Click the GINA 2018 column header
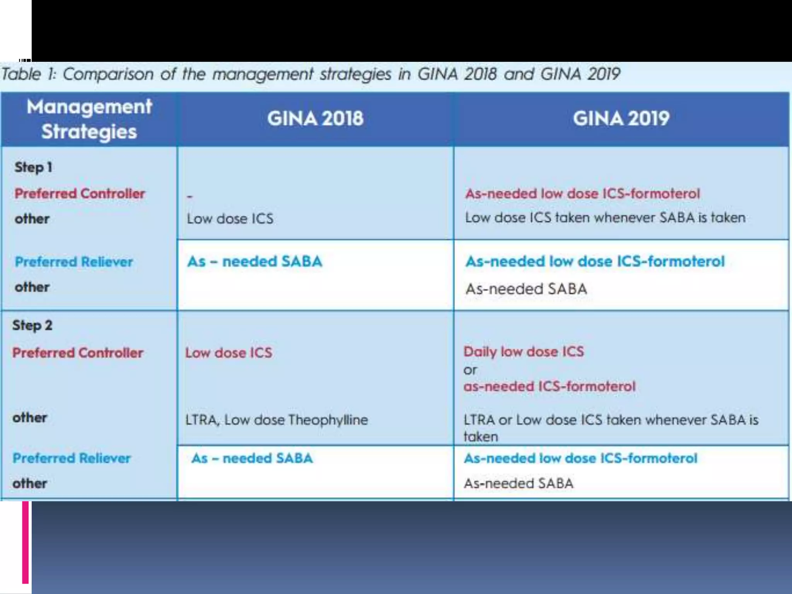315,118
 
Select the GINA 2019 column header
621,118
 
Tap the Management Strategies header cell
89,119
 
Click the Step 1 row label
33,167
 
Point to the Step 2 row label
32,325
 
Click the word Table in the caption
21,74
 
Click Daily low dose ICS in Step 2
524,352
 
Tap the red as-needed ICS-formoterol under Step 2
549,386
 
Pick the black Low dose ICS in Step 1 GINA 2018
230,218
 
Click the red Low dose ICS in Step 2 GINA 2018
229,353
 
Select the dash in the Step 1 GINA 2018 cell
189,196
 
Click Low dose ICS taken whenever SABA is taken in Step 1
605,218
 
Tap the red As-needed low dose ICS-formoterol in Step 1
582,193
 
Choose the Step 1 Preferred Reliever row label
74,262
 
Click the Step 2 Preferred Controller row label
78,353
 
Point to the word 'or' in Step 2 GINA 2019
470,370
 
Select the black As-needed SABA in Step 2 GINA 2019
518,483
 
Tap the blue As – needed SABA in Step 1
254,261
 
